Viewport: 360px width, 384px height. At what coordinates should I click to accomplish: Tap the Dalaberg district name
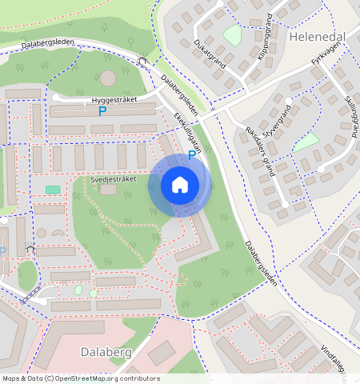pos(105,351)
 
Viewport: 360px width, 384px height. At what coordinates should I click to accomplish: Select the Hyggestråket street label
pos(115,101)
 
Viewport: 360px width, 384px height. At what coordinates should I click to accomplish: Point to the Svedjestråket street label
pos(114,180)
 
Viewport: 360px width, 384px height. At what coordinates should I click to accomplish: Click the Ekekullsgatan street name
pos(186,132)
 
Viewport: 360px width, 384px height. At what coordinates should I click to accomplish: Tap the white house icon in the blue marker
pos(180,186)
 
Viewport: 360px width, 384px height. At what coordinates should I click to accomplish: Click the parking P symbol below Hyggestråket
pos(102,112)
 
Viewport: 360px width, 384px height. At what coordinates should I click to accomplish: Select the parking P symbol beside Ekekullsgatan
pos(191,154)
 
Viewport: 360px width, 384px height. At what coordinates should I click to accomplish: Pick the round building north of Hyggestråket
pos(107,78)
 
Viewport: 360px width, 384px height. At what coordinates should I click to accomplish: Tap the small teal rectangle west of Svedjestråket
pos(53,190)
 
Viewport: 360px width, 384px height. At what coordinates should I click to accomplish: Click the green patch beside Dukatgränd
pos(232,35)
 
